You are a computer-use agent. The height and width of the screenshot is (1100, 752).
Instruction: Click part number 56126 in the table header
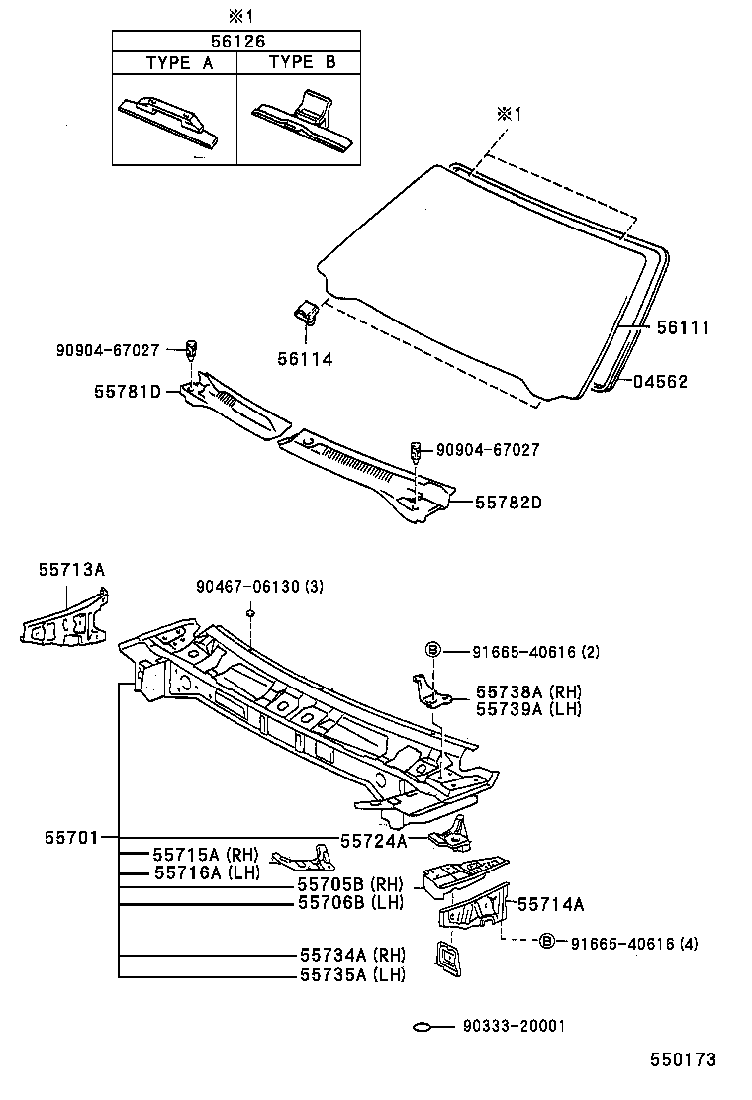[x=235, y=42]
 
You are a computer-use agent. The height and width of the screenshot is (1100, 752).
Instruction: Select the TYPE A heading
[x=179, y=62]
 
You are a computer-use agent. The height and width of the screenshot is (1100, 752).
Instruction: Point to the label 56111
[x=680, y=327]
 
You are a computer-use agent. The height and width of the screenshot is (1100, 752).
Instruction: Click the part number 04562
[x=660, y=382]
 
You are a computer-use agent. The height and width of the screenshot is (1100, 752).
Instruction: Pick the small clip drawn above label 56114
[x=305, y=313]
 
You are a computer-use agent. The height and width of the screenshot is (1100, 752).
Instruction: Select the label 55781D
[x=128, y=392]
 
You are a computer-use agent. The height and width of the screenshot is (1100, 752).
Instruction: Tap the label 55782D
[x=508, y=503]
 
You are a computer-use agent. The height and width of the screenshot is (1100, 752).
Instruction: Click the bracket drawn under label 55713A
[x=67, y=620]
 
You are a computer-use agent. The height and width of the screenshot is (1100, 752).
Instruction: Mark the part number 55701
[x=70, y=837]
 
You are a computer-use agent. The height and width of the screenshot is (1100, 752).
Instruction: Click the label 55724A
[x=373, y=841]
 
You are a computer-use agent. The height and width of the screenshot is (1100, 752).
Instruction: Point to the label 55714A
[x=551, y=903]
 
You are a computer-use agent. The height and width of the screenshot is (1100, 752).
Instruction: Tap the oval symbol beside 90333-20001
[x=423, y=1026]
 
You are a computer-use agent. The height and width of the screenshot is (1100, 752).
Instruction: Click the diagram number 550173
[x=682, y=1059]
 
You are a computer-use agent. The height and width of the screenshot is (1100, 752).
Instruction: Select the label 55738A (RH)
[x=527, y=692]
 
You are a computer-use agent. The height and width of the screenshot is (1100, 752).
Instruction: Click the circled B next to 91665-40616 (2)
[x=432, y=651]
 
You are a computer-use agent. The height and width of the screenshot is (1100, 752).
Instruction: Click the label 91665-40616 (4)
[x=633, y=944]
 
